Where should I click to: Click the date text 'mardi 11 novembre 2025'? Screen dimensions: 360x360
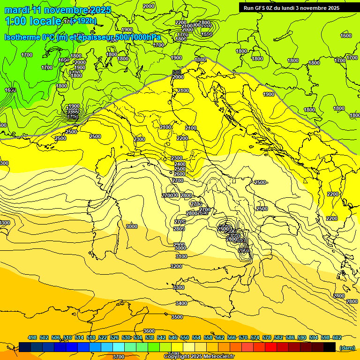(x=58, y=10)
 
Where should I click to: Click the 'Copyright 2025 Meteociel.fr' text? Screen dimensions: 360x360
(x=199, y=356)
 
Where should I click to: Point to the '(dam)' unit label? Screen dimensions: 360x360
(x=347, y=347)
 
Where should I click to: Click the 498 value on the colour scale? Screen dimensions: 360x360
(x=32, y=337)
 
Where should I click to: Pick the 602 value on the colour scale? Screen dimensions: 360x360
(x=337, y=337)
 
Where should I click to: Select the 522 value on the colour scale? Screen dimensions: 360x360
(x=103, y=337)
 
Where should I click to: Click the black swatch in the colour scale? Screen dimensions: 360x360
(x=330, y=347)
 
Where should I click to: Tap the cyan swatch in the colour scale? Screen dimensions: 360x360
(x=119, y=347)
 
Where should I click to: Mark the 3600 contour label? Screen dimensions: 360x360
(x=149, y=331)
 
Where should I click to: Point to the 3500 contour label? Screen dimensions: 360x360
(x=177, y=317)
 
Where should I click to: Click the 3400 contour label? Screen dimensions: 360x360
(x=181, y=303)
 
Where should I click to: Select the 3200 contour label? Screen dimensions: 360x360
(x=176, y=266)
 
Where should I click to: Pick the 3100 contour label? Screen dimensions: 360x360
(x=180, y=256)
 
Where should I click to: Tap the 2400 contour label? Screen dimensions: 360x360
(x=180, y=164)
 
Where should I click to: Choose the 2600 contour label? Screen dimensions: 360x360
(x=180, y=174)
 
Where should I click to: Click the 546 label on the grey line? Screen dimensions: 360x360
(x=177, y=72)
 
